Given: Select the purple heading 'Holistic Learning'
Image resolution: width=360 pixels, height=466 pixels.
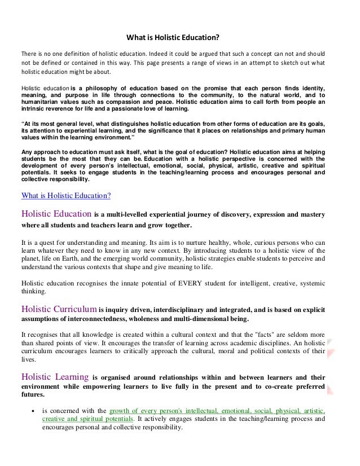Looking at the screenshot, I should pos(54,377).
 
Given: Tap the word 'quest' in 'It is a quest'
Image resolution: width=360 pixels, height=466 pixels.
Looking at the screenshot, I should pos(43,241).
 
